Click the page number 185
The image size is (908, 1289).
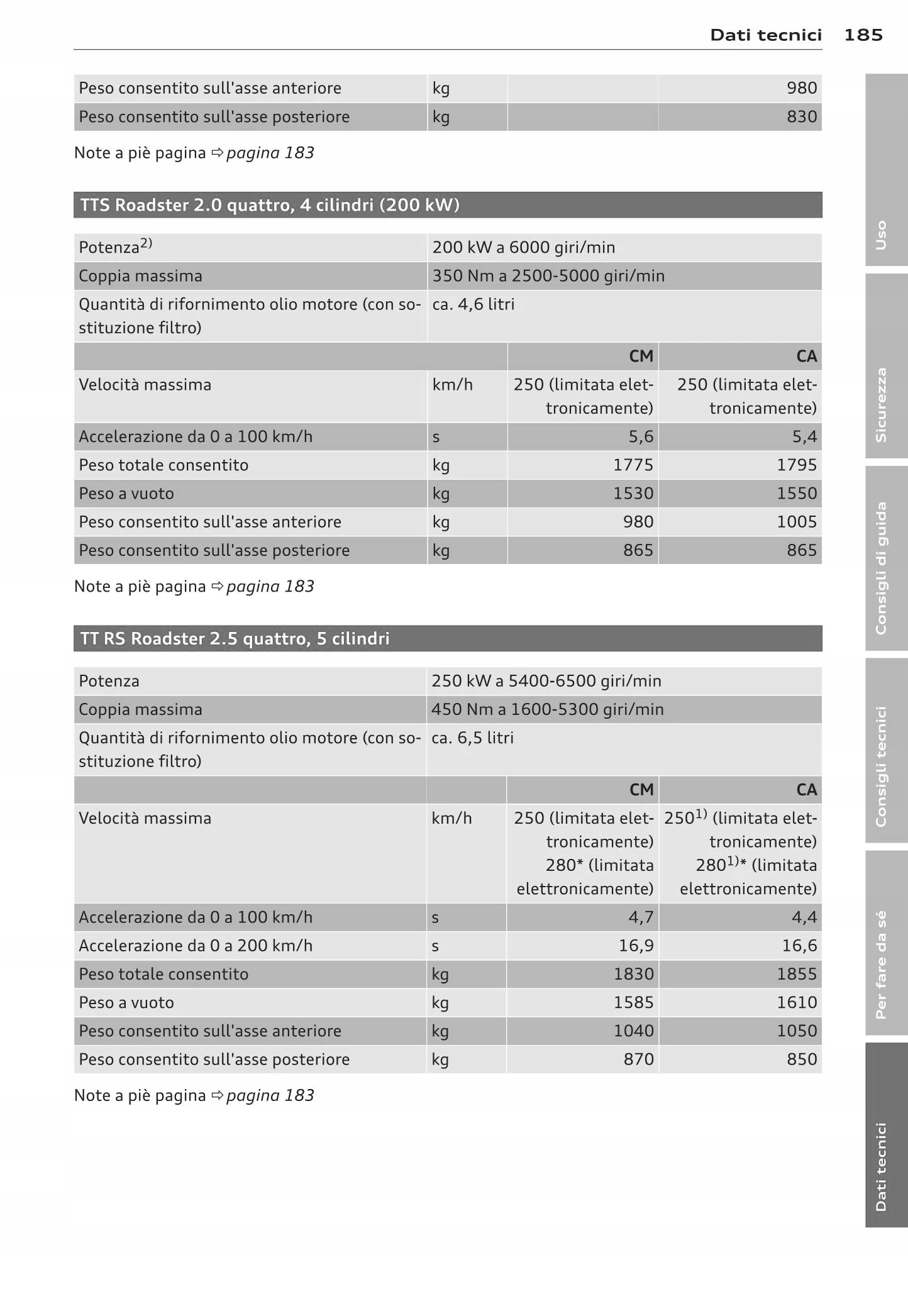click(x=863, y=35)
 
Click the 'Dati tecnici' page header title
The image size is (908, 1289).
click(x=765, y=35)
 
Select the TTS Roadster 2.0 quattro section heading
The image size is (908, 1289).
click(x=270, y=206)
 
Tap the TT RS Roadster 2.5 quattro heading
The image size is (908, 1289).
click(x=235, y=639)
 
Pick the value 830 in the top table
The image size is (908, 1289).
click(x=802, y=117)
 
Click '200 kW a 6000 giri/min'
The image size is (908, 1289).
click(x=523, y=248)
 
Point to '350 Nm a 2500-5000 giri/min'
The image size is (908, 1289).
click(x=548, y=276)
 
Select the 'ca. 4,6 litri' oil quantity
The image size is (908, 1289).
click(x=473, y=304)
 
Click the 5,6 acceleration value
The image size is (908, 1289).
click(x=641, y=437)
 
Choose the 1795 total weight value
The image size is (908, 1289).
click(x=797, y=465)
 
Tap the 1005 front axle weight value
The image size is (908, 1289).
click(x=797, y=522)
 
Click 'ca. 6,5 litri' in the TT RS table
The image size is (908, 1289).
click(x=472, y=738)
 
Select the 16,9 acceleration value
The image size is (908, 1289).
click(x=636, y=946)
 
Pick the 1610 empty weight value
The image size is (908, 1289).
click(x=797, y=1002)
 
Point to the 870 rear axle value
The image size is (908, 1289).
click(x=638, y=1059)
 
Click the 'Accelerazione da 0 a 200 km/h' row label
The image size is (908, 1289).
click(x=195, y=946)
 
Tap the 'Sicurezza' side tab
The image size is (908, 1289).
click(x=881, y=405)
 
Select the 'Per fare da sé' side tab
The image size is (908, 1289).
click(x=881, y=965)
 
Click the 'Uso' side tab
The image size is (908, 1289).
click(x=881, y=235)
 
